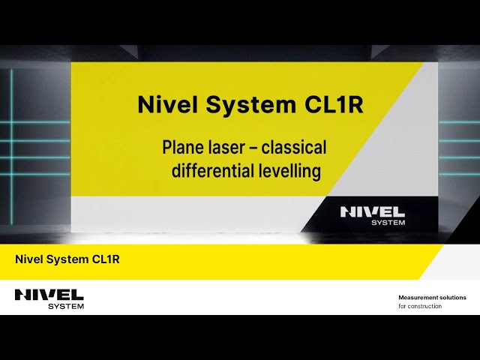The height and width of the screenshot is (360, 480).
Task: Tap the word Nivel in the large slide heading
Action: coord(164,105)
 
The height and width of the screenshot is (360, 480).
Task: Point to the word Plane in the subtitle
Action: coord(182,147)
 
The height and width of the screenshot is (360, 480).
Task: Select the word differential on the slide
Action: coord(211,171)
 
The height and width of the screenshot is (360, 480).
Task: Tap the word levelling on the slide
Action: coord(289,171)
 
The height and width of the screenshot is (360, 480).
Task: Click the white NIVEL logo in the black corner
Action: coord(373,211)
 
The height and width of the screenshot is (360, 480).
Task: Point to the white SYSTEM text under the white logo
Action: coord(388,222)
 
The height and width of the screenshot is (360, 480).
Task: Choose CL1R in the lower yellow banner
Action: coord(106,260)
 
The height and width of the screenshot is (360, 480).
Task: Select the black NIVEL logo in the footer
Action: coord(49,295)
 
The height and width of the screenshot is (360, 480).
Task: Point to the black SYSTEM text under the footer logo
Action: coord(66,306)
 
